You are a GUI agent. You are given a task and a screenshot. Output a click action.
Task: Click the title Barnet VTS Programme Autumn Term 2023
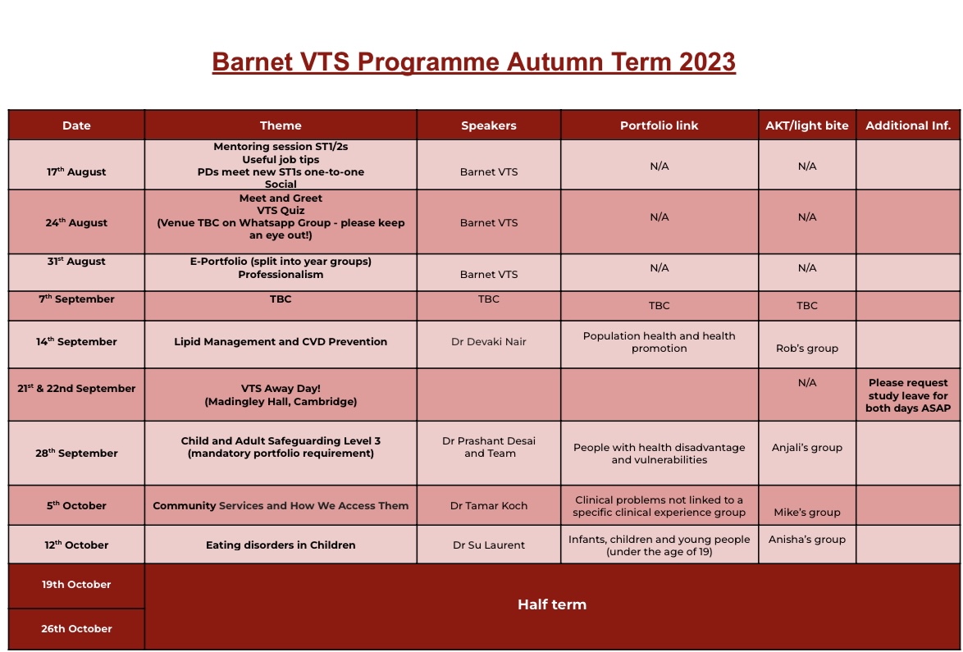pyautogui.click(x=473, y=62)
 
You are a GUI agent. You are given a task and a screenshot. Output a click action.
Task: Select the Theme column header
pyautogui.click(x=281, y=125)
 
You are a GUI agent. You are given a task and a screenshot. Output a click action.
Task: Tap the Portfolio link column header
pyautogui.click(x=659, y=125)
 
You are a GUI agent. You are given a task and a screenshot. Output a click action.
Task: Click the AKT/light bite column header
pyautogui.click(x=806, y=125)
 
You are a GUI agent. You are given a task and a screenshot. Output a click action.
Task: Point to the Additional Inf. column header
pyautogui.click(x=908, y=125)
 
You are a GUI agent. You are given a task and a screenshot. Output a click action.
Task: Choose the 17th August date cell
pyautogui.click(x=76, y=172)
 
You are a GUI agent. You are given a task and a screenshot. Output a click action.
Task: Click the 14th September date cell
pyautogui.click(x=76, y=342)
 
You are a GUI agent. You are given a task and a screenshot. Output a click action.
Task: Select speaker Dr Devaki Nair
pyautogui.click(x=489, y=342)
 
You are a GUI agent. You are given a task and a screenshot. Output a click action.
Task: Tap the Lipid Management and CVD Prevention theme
pyautogui.click(x=281, y=342)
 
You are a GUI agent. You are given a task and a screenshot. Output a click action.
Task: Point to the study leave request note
pyautogui.click(x=908, y=395)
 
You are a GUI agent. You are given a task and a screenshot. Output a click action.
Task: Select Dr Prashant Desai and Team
pyautogui.click(x=489, y=447)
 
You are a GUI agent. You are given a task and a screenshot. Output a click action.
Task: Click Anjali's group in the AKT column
pyautogui.click(x=806, y=448)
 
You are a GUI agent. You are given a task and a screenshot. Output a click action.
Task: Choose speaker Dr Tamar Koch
pyautogui.click(x=489, y=506)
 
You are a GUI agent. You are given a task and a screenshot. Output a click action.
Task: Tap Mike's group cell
pyautogui.click(x=806, y=513)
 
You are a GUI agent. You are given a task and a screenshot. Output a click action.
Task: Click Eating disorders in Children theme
pyautogui.click(x=281, y=545)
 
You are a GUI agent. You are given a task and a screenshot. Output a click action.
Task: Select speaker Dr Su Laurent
pyautogui.click(x=489, y=545)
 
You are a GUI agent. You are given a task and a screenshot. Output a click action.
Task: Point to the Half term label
pyautogui.click(x=551, y=605)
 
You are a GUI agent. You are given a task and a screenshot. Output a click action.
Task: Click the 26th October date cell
pyautogui.click(x=76, y=629)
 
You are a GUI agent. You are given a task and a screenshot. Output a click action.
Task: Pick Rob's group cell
pyautogui.click(x=806, y=349)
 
